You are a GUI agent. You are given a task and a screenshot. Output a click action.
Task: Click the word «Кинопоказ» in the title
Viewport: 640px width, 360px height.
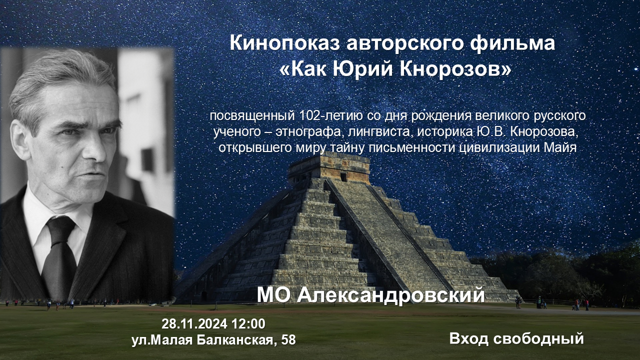click(x=284, y=43)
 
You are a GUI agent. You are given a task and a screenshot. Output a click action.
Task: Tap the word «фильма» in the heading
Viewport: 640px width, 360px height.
click(x=512, y=43)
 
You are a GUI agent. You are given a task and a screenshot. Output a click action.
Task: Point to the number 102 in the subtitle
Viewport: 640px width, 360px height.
click(x=308, y=115)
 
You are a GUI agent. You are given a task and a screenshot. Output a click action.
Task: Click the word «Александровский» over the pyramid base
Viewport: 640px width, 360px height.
click(x=391, y=295)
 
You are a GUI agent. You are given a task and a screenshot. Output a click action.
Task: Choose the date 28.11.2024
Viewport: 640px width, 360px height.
click(x=194, y=323)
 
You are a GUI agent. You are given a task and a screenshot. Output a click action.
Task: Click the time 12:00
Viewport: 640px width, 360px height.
click(x=248, y=323)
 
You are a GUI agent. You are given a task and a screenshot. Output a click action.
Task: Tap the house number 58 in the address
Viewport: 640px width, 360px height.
click(x=288, y=340)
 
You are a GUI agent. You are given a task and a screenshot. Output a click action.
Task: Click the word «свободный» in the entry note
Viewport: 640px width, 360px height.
click(x=538, y=338)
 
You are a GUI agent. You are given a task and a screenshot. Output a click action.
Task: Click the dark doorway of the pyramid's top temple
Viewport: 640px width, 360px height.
click(x=343, y=177)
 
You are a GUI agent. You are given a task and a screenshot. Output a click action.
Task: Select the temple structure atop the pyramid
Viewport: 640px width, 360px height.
click(x=329, y=168)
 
